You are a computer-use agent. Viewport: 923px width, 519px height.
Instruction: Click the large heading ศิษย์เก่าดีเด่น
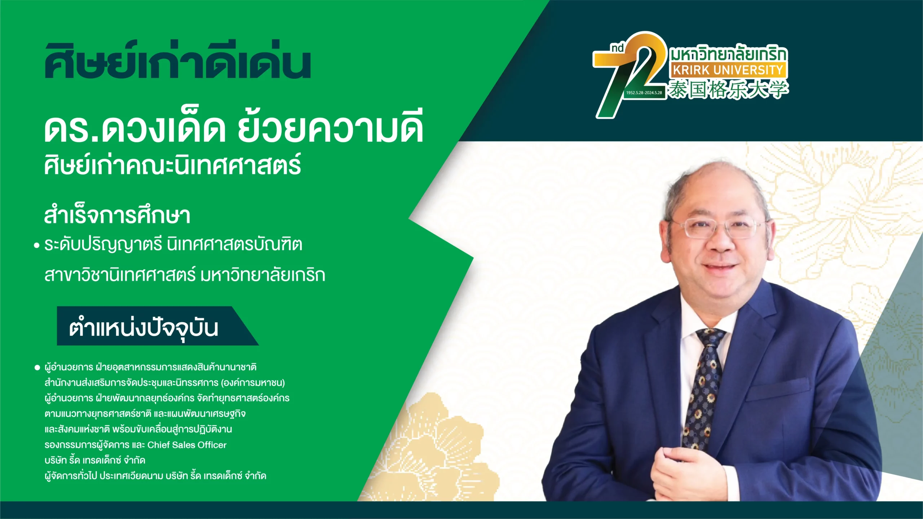tap(177, 61)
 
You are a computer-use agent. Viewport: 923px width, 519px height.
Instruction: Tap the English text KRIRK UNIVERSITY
tap(728, 70)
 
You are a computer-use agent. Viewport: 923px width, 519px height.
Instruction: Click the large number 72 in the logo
tap(629, 74)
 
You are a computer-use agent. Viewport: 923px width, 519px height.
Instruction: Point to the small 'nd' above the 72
tap(617, 48)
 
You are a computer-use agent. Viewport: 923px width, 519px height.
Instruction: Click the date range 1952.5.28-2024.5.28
tap(644, 93)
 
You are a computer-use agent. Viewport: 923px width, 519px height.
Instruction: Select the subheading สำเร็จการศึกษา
tap(117, 216)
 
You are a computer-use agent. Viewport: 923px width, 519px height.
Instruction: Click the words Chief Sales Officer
tap(187, 445)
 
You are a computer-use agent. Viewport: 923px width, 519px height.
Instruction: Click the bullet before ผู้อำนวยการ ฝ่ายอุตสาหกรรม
tap(37, 368)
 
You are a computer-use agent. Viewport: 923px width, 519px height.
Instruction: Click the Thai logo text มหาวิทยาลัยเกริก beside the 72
tap(728, 54)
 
